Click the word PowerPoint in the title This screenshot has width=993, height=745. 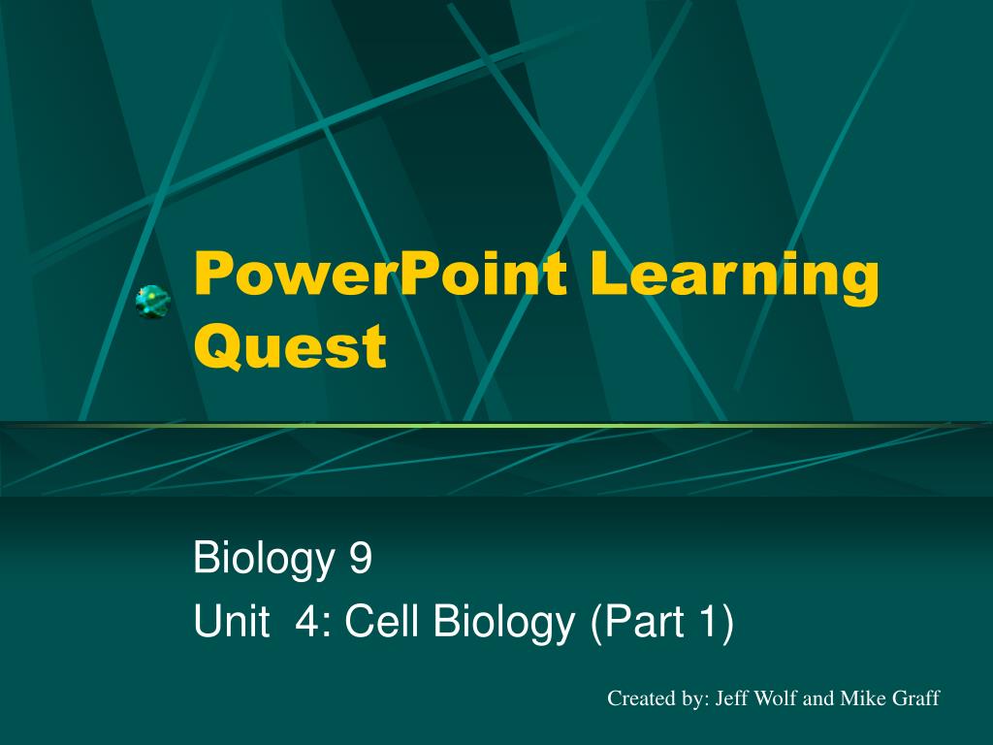tap(379, 275)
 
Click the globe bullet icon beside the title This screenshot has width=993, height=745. tap(152, 303)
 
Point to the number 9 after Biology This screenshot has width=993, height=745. tap(361, 560)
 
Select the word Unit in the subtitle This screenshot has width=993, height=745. tap(231, 622)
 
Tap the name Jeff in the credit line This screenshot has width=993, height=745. tap(732, 698)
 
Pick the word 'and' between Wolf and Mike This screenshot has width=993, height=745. tap(819, 698)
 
